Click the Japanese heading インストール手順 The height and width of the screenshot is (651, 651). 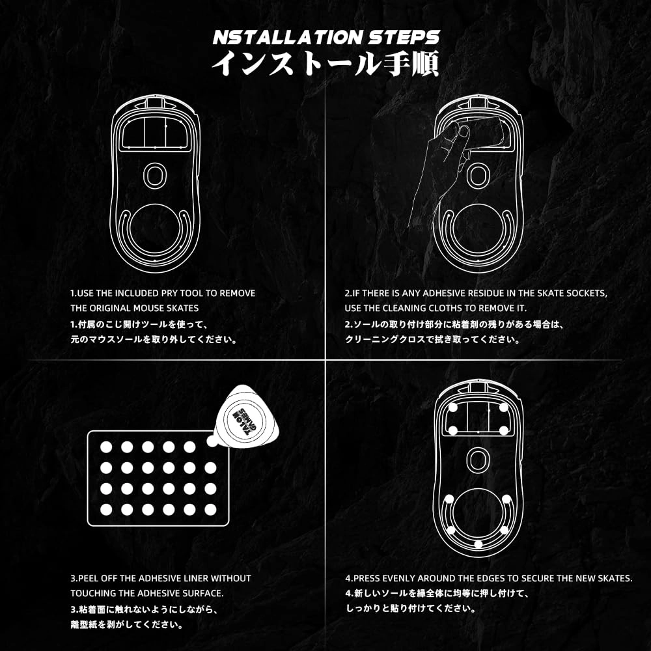pos(325,66)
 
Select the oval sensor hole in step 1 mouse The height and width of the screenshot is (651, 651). pos(154,175)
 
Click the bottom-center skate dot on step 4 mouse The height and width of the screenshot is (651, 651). pos(478,544)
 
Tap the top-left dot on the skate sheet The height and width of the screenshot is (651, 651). pos(106,447)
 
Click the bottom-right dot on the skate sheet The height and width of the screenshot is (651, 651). pos(210,508)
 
